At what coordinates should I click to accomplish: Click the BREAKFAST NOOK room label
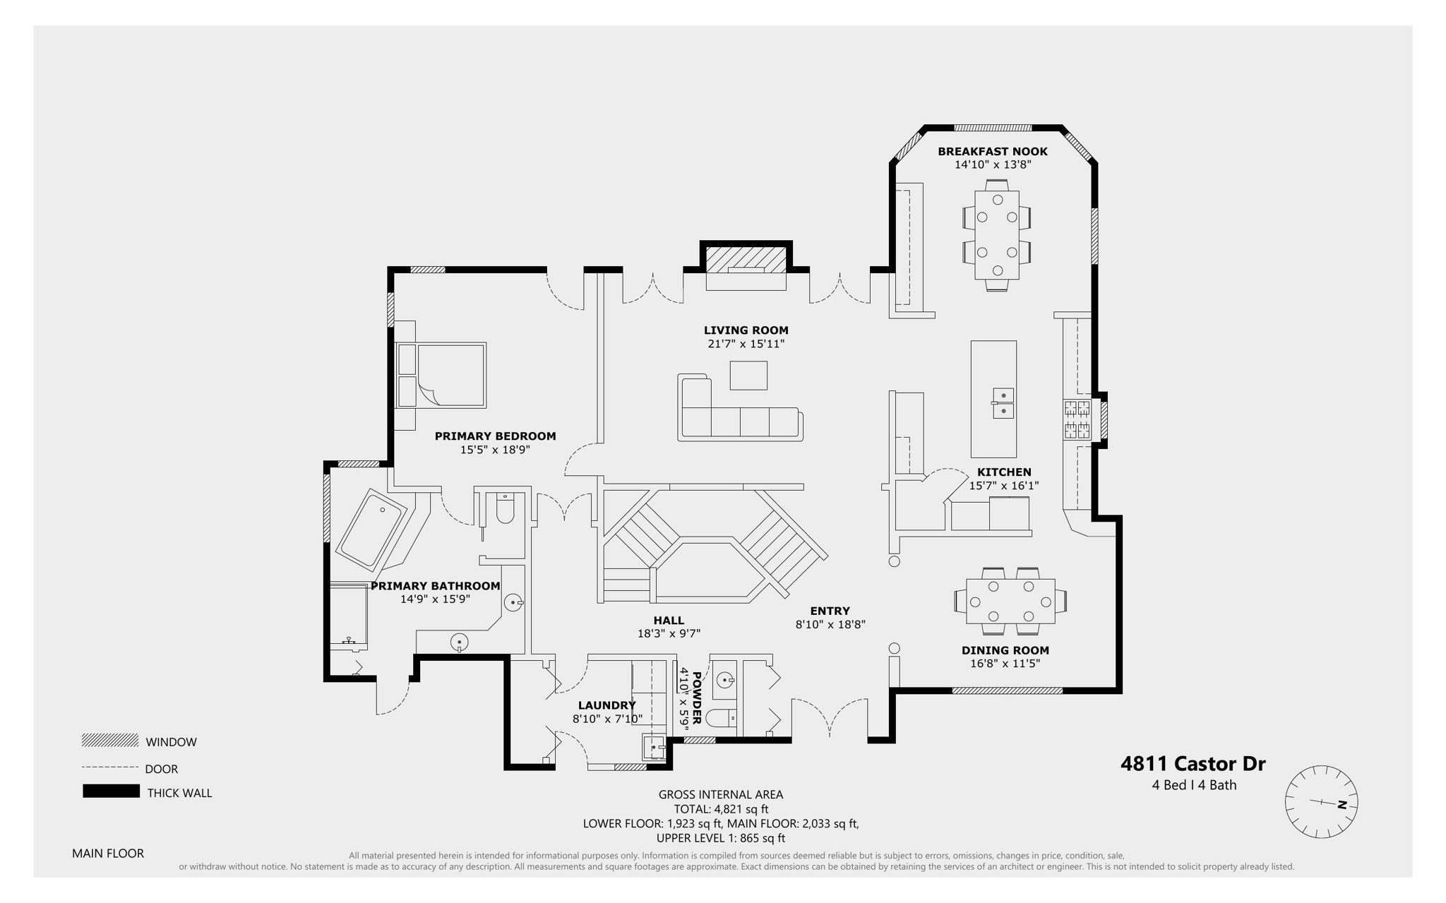point(992,151)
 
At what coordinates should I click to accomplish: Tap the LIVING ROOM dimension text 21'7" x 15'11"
point(746,344)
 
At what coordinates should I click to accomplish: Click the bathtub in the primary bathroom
point(370,529)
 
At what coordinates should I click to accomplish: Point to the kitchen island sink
point(1003,403)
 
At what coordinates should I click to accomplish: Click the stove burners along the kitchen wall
point(1077,419)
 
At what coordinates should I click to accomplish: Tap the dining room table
point(1010,602)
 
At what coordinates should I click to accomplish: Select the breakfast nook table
point(996,235)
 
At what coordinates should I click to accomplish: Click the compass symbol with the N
point(1321,801)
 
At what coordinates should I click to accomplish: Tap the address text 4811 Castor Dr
point(1193,764)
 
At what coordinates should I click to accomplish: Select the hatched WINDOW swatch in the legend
point(110,740)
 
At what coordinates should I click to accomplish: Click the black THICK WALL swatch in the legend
point(111,791)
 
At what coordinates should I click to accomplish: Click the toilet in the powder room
point(722,719)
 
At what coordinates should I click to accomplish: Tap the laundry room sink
point(654,746)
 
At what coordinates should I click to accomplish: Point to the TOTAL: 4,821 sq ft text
point(720,809)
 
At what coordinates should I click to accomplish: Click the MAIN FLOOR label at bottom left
point(108,853)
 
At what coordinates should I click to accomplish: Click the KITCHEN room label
point(1003,472)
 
